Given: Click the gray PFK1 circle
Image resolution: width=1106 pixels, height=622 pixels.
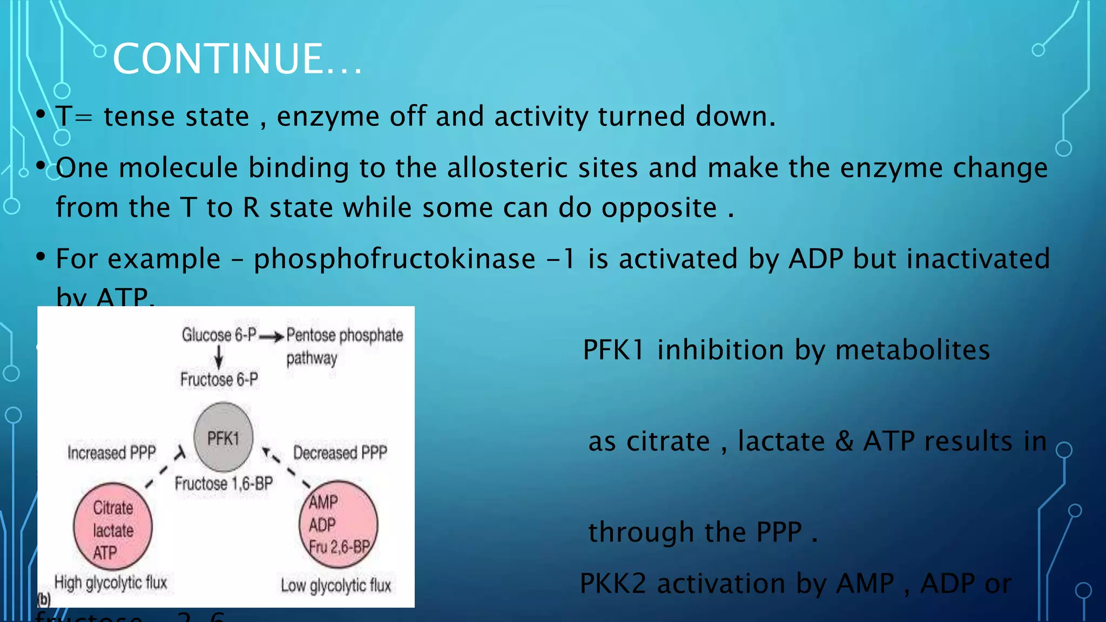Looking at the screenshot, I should [223, 437].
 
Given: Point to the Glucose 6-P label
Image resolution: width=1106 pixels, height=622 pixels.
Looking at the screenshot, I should [219, 335].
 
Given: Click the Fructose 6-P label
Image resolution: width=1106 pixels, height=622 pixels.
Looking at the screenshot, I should [219, 380].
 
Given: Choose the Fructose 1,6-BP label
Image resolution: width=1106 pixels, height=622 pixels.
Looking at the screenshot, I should [224, 483].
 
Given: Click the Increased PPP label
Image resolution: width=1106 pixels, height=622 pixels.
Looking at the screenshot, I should [112, 452].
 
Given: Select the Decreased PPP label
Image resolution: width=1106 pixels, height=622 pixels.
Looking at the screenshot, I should [340, 452].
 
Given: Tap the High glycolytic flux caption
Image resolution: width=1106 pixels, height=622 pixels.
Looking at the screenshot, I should [111, 583].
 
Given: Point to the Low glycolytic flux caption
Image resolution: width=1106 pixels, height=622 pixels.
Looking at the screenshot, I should [335, 585].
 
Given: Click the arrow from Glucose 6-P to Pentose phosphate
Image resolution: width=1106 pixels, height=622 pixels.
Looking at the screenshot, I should [271, 337].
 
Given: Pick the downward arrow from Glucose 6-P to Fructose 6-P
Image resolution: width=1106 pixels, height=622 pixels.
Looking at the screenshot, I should [219, 357].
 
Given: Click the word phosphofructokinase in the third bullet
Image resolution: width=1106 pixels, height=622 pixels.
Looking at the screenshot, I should [394, 259].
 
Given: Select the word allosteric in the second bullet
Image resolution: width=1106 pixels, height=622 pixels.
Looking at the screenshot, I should [542, 168].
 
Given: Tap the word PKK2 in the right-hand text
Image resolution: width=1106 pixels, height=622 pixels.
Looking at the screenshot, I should [612, 584].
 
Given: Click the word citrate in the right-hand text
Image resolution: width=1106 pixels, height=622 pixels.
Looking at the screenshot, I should [667, 442].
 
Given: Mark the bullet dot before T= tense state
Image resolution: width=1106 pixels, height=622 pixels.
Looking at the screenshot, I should [41, 115].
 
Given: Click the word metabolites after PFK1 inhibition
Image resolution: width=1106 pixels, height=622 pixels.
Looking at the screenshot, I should [912, 350].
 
